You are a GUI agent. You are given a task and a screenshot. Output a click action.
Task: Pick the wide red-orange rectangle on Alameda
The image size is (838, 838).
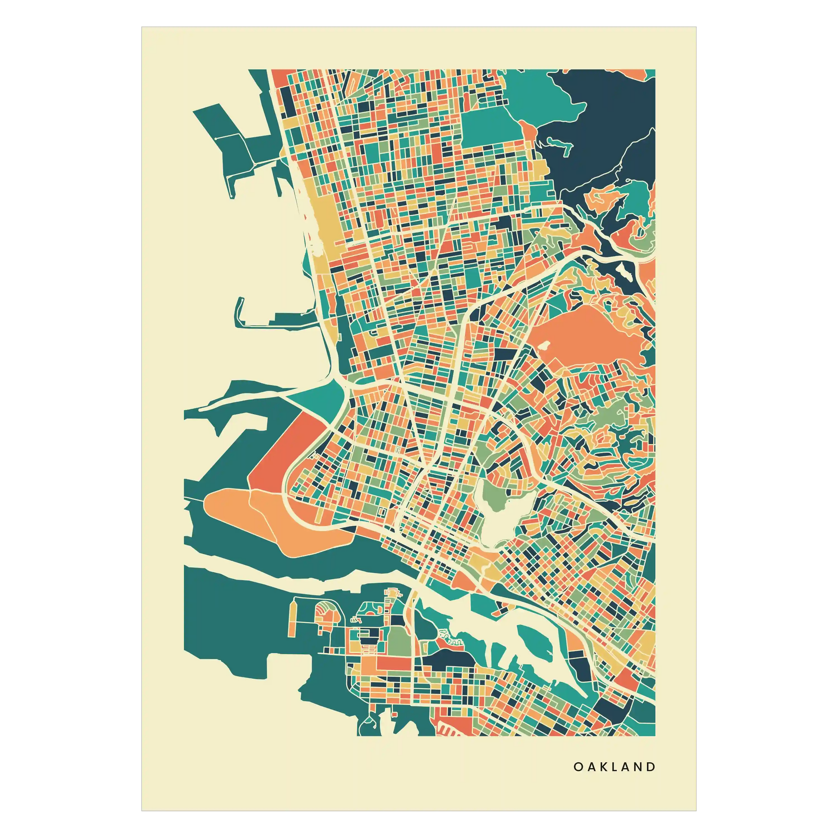pos(393,664)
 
